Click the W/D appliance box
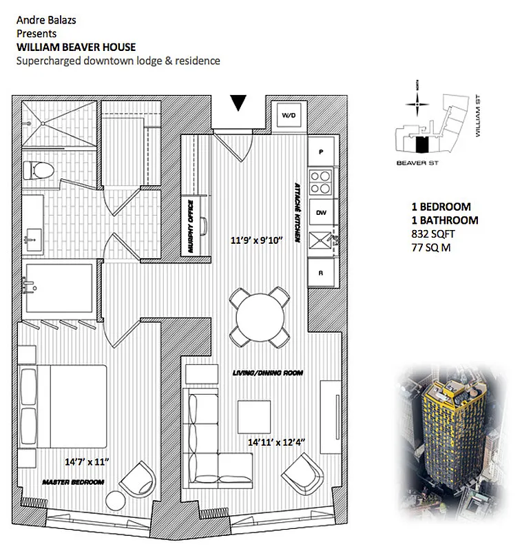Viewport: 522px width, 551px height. click(x=286, y=116)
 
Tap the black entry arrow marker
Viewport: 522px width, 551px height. click(x=238, y=103)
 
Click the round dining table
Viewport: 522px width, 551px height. click(x=258, y=316)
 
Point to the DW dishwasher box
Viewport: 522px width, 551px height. click(x=321, y=213)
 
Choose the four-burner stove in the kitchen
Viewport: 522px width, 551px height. click(x=321, y=183)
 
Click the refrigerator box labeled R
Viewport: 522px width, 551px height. click(x=321, y=272)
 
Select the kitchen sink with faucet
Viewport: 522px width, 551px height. click(x=322, y=242)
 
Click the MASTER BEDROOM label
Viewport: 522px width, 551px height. click(x=74, y=482)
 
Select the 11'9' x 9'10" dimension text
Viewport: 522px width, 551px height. click(x=257, y=242)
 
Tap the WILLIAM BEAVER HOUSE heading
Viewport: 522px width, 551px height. click(x=76, y=47)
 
